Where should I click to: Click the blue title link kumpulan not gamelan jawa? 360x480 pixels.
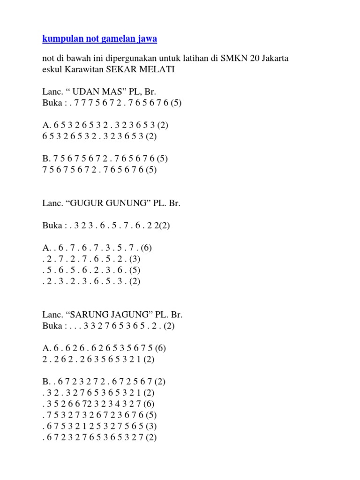click(x=99, y=39)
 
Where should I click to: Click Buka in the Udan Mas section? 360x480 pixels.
click(x=52, y=104)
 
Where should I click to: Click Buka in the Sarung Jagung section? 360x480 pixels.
click(x=52, y=326)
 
